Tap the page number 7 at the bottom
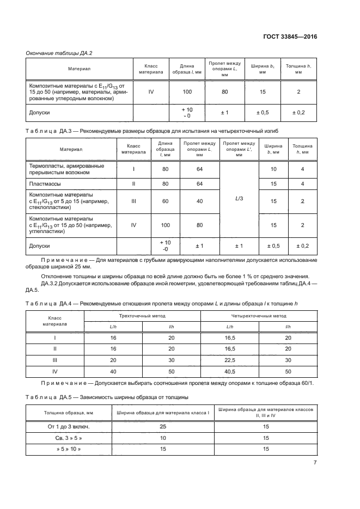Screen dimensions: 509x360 (x=315, y=463)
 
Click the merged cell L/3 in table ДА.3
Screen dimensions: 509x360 (x=239, y=199)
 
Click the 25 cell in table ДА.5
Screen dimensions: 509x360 (x=163, y=427)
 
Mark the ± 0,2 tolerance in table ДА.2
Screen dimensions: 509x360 (x=298, y=112)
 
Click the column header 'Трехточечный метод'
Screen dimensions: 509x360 (x=142, y=315)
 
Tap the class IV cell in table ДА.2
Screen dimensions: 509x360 (x=151, y=91)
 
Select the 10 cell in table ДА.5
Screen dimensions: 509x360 (x=163, y=438)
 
